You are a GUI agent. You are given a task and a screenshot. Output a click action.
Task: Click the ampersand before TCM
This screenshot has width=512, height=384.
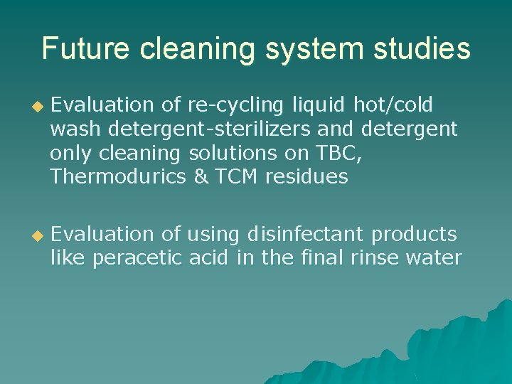coord(201,177)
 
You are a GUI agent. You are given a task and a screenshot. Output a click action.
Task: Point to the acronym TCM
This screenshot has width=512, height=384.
coord(236,177)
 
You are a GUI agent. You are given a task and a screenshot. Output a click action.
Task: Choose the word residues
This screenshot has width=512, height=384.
coord(306,177)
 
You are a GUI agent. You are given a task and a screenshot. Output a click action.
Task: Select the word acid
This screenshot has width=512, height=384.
coord(210,257)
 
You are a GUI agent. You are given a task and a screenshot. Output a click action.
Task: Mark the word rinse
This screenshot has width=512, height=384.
coord(375,257)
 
